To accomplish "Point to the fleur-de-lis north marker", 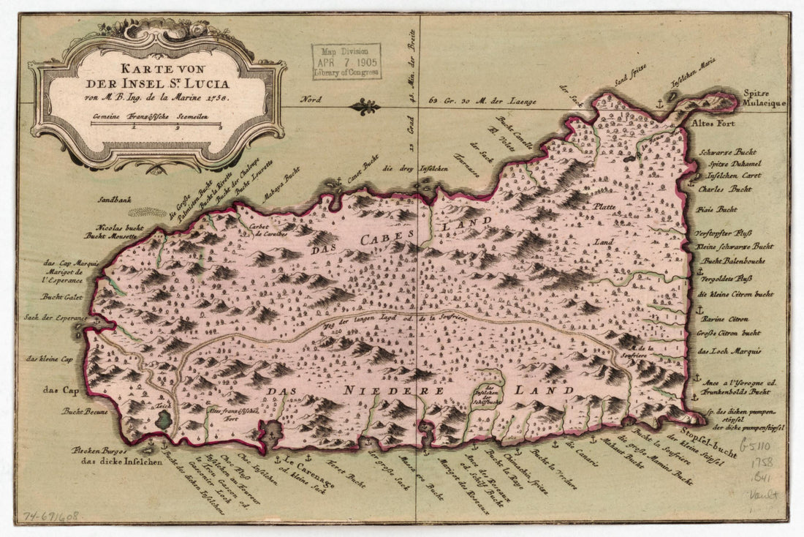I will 364,107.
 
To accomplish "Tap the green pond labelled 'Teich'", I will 164,419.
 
